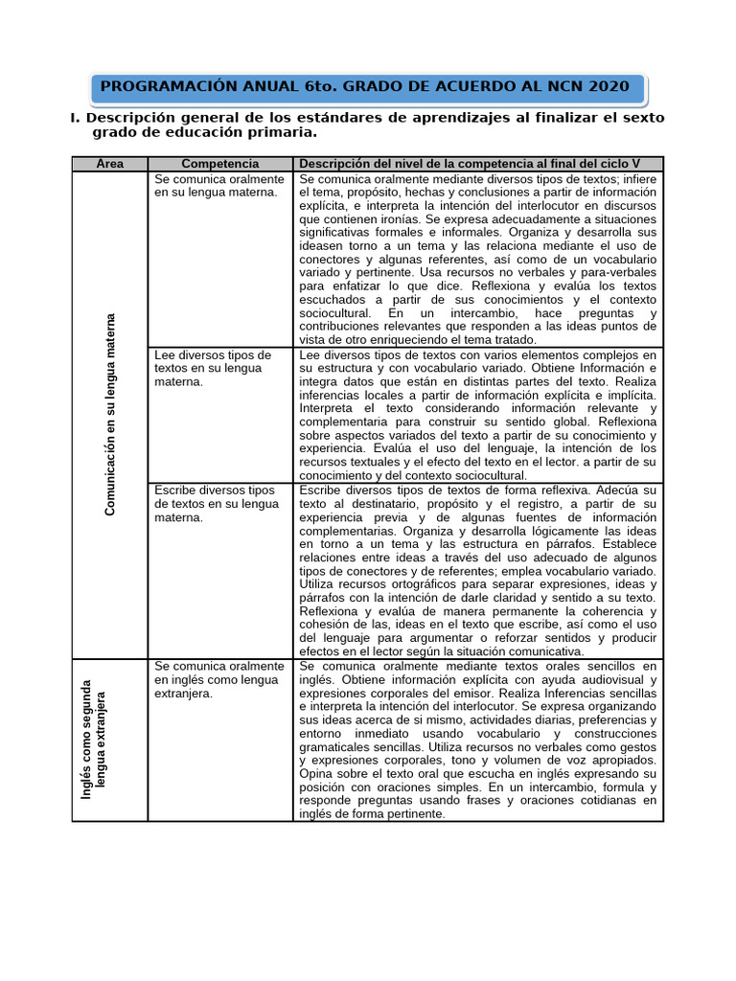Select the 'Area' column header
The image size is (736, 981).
coord(110,164)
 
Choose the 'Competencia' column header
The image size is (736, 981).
coord(219,164)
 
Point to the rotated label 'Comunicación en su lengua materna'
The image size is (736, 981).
coord(110,415)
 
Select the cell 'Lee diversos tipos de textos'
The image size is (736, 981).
coord(213,368)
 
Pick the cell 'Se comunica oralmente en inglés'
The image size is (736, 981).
coord(219,678)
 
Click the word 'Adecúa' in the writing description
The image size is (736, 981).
coord(613,490)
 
